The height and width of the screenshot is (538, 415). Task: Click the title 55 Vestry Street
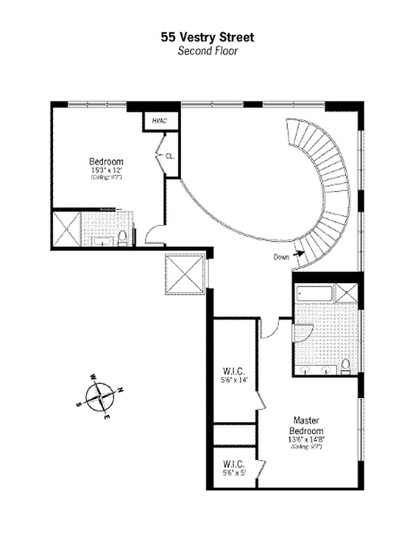point(207,38)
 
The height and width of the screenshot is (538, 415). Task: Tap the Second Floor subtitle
point(207,50)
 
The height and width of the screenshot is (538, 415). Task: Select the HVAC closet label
point(159,122)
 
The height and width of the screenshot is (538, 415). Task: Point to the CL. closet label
point(169,156)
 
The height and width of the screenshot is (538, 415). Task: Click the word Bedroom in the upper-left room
point(106,161)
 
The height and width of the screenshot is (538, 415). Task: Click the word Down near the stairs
point(282,257)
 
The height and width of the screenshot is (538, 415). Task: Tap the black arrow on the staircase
point(299,254)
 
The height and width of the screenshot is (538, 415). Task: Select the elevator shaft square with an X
point(184,274)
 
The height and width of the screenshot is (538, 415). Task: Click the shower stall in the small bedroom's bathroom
point(67,229)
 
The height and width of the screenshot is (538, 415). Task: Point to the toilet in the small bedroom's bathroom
point(122,237)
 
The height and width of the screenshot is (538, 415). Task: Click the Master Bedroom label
point(306,426)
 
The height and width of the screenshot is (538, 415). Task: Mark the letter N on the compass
point(120,389)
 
